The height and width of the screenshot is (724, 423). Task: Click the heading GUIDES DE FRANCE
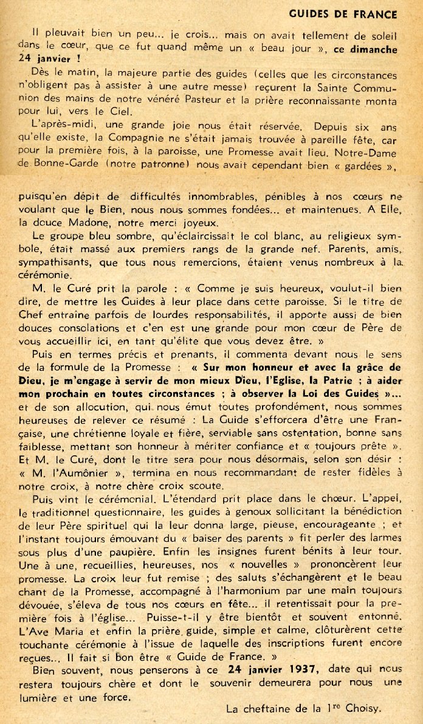(343, 14)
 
